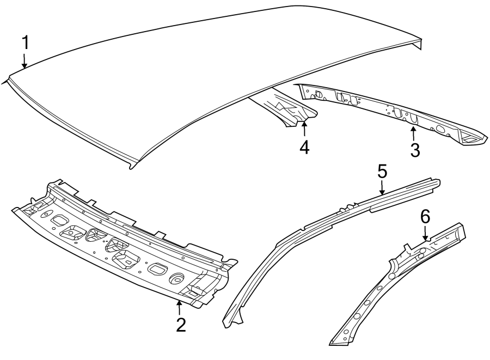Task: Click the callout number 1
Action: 24,42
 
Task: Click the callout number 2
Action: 181,325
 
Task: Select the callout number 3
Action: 415,150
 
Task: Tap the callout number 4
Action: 304,147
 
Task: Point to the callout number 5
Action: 382,172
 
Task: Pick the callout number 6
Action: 425,216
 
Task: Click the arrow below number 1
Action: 24,61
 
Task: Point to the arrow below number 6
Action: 425,233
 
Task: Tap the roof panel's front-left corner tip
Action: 5,81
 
